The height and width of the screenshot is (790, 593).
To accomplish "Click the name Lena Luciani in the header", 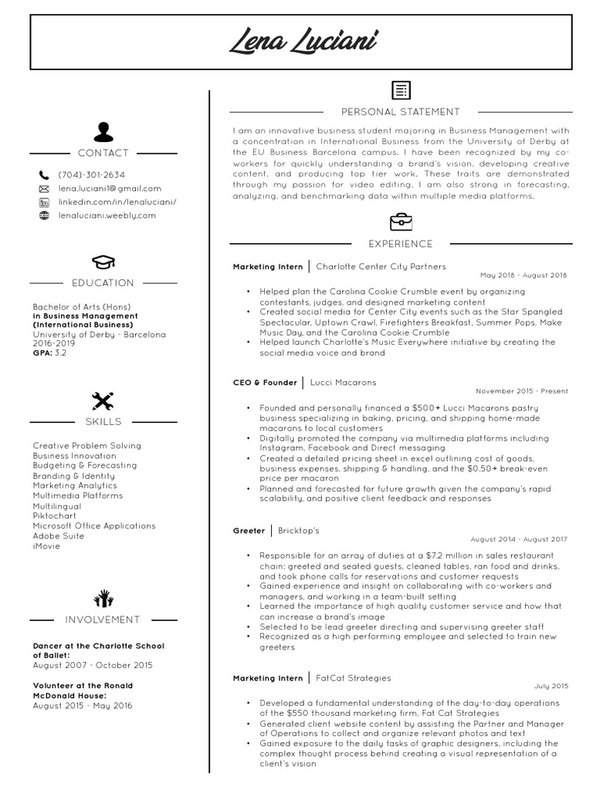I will pos(303,39).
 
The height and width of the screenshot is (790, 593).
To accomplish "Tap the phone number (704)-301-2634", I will pos(91,175).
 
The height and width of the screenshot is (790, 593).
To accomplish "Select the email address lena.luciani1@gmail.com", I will pos(110,188).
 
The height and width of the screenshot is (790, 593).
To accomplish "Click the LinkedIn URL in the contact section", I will pos(117,202).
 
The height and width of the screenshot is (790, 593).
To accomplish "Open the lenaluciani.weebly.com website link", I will pos(107,215).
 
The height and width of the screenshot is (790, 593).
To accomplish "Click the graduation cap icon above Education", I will pos(103,262).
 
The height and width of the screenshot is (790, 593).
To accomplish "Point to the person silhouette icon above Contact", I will pos(103,131).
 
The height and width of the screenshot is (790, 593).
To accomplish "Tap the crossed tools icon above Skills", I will pos(103,400).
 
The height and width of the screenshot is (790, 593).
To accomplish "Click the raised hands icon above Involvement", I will pos(103,597).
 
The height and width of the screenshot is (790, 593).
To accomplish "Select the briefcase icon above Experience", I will pos(400,222).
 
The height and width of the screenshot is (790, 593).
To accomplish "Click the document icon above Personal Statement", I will pos(400,90).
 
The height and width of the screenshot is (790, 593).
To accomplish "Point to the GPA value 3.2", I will pos(61,353).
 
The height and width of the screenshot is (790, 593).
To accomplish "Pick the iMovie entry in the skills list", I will pos(46,546).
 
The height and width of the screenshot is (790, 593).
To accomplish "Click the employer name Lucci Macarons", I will pos(343,382).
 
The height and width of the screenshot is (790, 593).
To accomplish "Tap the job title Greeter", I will pos(249,531).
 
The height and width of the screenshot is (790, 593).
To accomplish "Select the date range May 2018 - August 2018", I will pos(523,275).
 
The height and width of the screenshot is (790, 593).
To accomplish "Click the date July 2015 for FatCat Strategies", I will pos(551,686).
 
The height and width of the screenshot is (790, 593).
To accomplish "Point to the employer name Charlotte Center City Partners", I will pos(381,266).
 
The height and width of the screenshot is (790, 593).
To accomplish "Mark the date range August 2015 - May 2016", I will pos(83,705).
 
